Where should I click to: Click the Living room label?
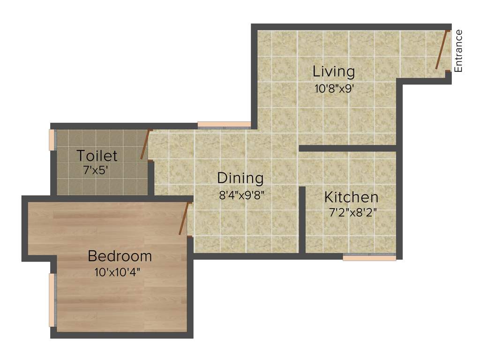pyautogui.click(x=334, y=72)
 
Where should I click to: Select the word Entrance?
pyautogui.click(x=458, y=51)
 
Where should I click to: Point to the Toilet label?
pyautogui.click(x=97, y=155)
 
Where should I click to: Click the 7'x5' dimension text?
pyautogui.click(x=96, y=170)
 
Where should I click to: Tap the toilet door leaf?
pyautogui.click(x=145, y=144)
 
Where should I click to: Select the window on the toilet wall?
pyautogui.click(x=52, y=140)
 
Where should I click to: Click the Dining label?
pyautogui.click(x=240, y=178)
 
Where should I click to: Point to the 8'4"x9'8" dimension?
pyautogui.click(x=242, y=195)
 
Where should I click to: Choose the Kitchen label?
pyautogui.click(x=351, y=197)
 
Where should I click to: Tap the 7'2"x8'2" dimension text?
pyautogui.click(x=353, y=212)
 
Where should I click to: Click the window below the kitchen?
pyautogui.click(x=369, y=257)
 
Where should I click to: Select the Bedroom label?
pyautogui.click(x=120, y=256)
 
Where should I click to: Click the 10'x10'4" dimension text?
pyautogui.click(x=117, y=271)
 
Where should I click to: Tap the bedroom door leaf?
pyautogui.click(x=184, y=218)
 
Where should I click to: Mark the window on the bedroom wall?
pyautogui.click(x=52, y=300)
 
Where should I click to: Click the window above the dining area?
pyautogui.click(x=224, y=125)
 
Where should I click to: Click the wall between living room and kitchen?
pyautogui.click(x=348, y=148)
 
